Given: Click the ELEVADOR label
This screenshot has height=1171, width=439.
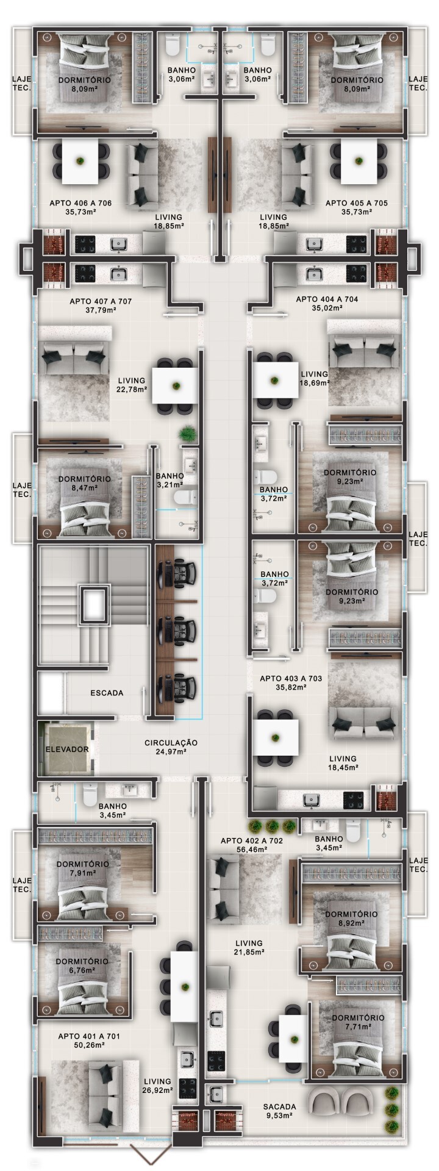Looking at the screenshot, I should click(x=67, y=749).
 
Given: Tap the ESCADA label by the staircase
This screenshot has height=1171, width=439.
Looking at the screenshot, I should click(x=107, y=693).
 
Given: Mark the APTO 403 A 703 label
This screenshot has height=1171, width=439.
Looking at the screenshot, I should click(x=291, y=682).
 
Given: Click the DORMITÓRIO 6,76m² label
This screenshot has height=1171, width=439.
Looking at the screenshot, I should click(x=82, y=965).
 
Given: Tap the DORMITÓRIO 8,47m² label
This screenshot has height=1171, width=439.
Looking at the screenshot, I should click(x=85, y=483).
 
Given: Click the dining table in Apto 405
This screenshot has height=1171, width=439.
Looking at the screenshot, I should click(x=359, y=162).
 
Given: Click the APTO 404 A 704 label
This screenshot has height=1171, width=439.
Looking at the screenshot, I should click(x=327, y=304).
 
